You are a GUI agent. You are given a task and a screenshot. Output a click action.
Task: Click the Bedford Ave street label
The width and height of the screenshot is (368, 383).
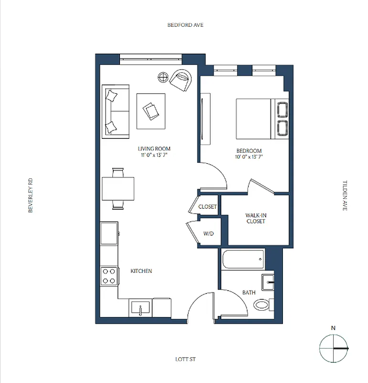click(x=185, y=25)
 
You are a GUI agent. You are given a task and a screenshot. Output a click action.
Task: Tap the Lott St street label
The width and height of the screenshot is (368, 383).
click(x=186, y=359)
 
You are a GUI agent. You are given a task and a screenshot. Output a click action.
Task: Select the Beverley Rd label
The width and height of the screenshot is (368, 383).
click(x=31, y=195)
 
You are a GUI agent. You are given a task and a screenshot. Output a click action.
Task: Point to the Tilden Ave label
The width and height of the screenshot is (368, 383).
click(x=345, y=195)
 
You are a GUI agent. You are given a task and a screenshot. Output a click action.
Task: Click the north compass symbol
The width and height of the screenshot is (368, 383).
click(x=333, y=348)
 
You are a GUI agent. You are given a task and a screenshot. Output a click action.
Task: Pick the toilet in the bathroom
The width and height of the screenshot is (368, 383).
click(x=262, y=304)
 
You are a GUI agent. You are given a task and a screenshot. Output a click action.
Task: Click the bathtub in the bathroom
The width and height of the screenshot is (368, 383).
click(x=243, y=259)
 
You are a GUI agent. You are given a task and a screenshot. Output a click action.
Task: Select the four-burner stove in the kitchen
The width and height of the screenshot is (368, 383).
click(x=109, y=275)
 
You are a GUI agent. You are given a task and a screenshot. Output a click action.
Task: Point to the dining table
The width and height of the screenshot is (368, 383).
click(x=118, y=188)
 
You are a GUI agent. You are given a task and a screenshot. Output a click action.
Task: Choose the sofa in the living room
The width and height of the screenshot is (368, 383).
click(x=116, y=111)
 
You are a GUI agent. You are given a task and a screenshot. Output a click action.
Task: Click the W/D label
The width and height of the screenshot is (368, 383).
click(x=209, y=234)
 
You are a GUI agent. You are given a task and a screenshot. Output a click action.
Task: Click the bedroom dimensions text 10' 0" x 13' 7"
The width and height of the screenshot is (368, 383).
click(x=249, y=157)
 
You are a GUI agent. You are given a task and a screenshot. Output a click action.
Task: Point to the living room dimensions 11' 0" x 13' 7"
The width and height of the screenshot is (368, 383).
click(x=154, y=155)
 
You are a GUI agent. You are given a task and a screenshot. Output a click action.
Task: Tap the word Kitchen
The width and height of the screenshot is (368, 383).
click(x=141, y=271)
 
